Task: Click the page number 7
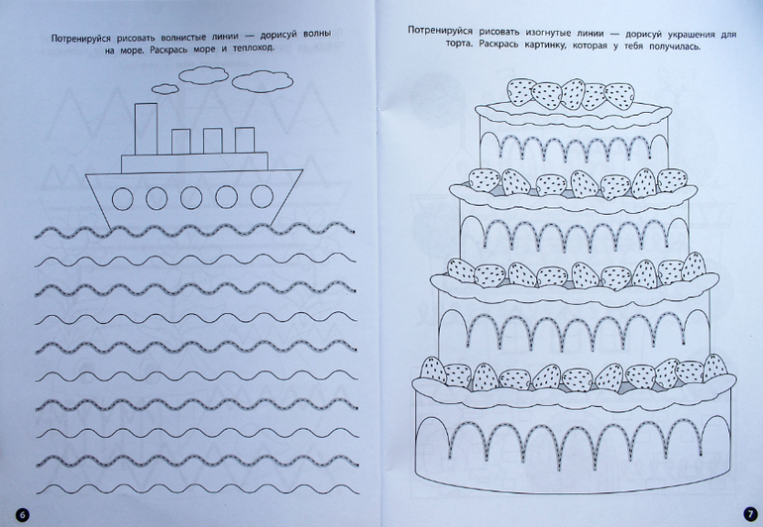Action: coord(750,514)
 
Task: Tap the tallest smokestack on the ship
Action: coord(146,129)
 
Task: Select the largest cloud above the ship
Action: coord(262,81)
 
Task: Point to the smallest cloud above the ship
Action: coord(164,88)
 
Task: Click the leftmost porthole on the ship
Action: coord(122,198)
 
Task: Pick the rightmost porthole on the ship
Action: coord(262,196)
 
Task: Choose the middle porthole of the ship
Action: coord(191,198)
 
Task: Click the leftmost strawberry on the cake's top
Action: coord(520,91)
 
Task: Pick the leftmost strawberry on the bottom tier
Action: coord(433,370)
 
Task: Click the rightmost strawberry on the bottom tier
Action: coord(714,368)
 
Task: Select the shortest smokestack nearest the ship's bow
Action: coord(245,140)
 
